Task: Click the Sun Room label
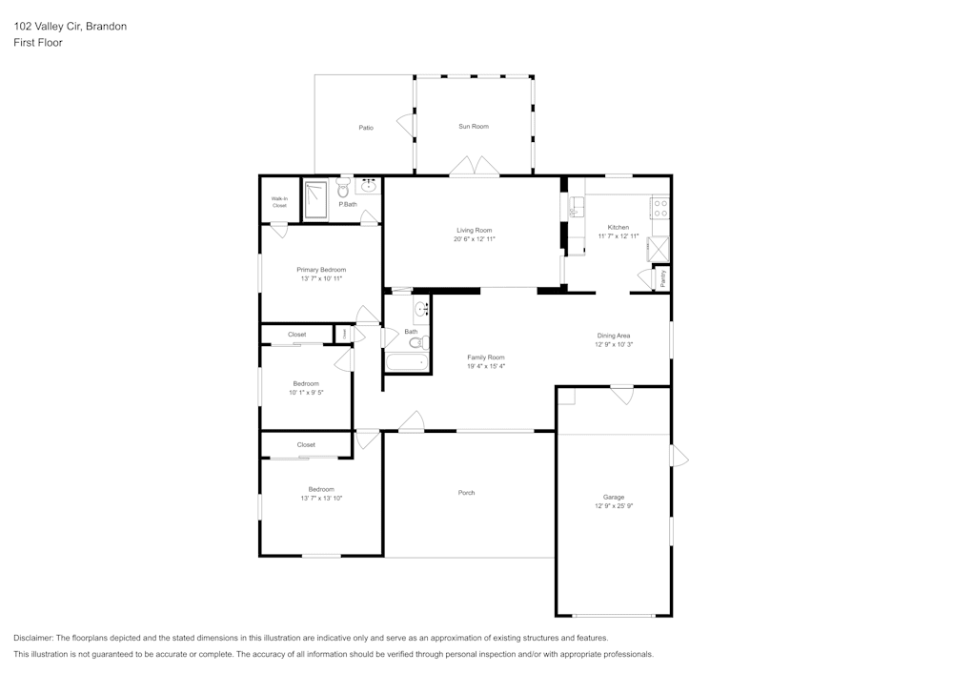point(474,126)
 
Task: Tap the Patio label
point(366,127)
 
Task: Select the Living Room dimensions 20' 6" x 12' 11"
point(474,239)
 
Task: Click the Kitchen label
point(618,227)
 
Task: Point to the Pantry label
point(662,278)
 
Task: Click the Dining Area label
point(614,336)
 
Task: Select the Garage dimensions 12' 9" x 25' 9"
point(614,506)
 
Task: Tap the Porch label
point(466,493)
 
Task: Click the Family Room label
point(485,357)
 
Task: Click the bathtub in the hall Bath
point(406,362)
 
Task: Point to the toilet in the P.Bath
point(343,189)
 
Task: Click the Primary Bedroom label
point(321,270)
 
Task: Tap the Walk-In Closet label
point(279,201)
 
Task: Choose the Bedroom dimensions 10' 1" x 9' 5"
point(306,392)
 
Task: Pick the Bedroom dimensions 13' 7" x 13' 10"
point(320,498)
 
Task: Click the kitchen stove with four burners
point(659,207)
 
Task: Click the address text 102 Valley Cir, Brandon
point(70,27)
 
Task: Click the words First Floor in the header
point(38,43)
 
